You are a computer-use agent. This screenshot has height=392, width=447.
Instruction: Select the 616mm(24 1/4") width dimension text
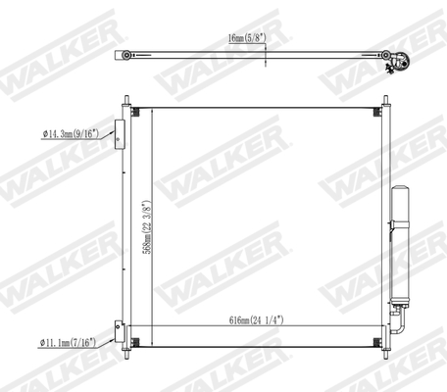point(256,320)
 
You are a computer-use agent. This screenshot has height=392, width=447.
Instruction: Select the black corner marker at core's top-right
point(378,109)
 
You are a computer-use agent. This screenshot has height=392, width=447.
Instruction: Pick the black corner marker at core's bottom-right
point(378,340)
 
